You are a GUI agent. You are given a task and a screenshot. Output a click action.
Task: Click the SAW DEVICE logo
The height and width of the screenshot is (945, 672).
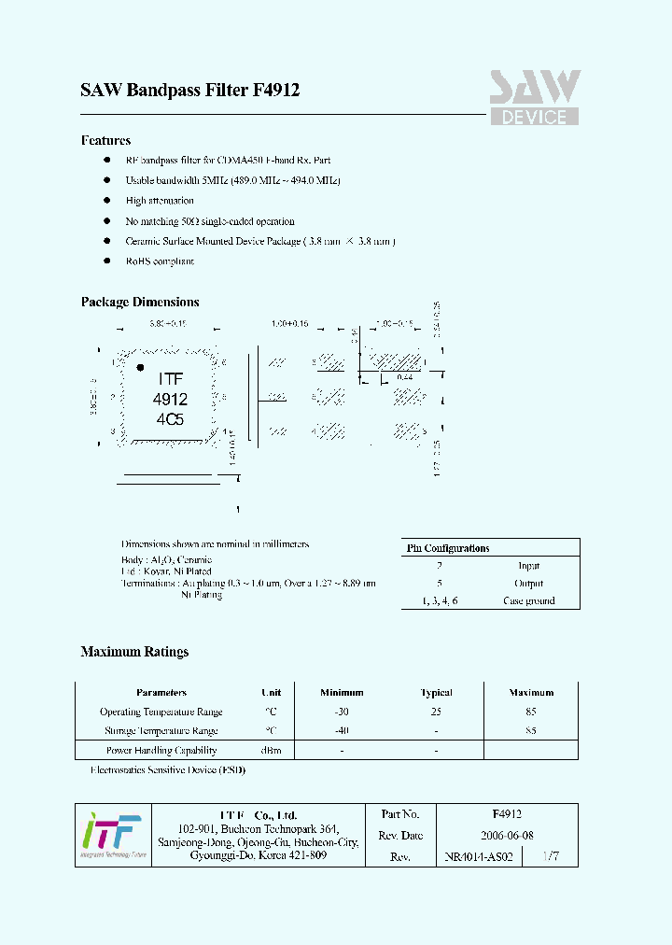pyautogui.click(x=535, y=97)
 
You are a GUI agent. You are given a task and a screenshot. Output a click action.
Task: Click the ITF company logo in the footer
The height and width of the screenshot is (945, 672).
pyautogui.click(x=111, y=834)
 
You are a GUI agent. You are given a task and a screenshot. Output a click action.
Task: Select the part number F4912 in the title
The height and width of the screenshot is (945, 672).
pyautogui.click(x=276, y=91)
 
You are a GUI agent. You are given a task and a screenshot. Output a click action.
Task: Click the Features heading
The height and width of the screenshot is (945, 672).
pyautogui.click(x=105, y=141)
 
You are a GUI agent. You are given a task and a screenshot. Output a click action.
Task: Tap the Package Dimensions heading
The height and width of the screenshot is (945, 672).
pyautogui.click(x=140, y=303)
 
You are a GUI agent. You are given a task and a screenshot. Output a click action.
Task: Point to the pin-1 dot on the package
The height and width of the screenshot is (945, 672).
pyautogui.click(x=141, y=367)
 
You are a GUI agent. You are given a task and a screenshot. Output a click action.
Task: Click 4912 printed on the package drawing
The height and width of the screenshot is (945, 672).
pyautogui.click(x=170, y=399)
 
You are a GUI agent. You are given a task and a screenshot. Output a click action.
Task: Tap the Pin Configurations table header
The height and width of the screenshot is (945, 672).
pyautogui.click(x=448, y=548)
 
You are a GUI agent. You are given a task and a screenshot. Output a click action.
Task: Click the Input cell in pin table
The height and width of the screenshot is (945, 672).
pyautogui.click(x=528, y=566)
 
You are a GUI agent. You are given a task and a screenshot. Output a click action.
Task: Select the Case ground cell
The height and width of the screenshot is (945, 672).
pyautogui.click(x=528, y=600)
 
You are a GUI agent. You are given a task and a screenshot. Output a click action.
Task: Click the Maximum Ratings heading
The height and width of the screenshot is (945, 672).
pyautogui.click(x=134, y=652)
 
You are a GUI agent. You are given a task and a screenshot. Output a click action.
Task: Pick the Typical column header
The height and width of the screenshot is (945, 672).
pyautogui.click(x=436, y=693)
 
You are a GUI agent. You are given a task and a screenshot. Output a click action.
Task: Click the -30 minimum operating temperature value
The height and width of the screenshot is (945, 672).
pyautogui.click(x=342, y=712)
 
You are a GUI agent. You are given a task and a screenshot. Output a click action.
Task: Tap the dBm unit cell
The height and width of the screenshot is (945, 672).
pyautogui.click(x=271, y=750)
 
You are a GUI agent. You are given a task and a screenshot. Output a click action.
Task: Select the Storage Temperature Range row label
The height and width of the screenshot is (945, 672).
pyautogui.click(x=161, y=731)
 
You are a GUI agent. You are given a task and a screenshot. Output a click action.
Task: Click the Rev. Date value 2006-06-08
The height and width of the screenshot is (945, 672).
pyautogui.click(x=507, y=836)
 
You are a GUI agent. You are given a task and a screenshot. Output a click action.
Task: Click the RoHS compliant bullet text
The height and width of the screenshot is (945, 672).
pyautogui.click(x=160, y=261)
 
